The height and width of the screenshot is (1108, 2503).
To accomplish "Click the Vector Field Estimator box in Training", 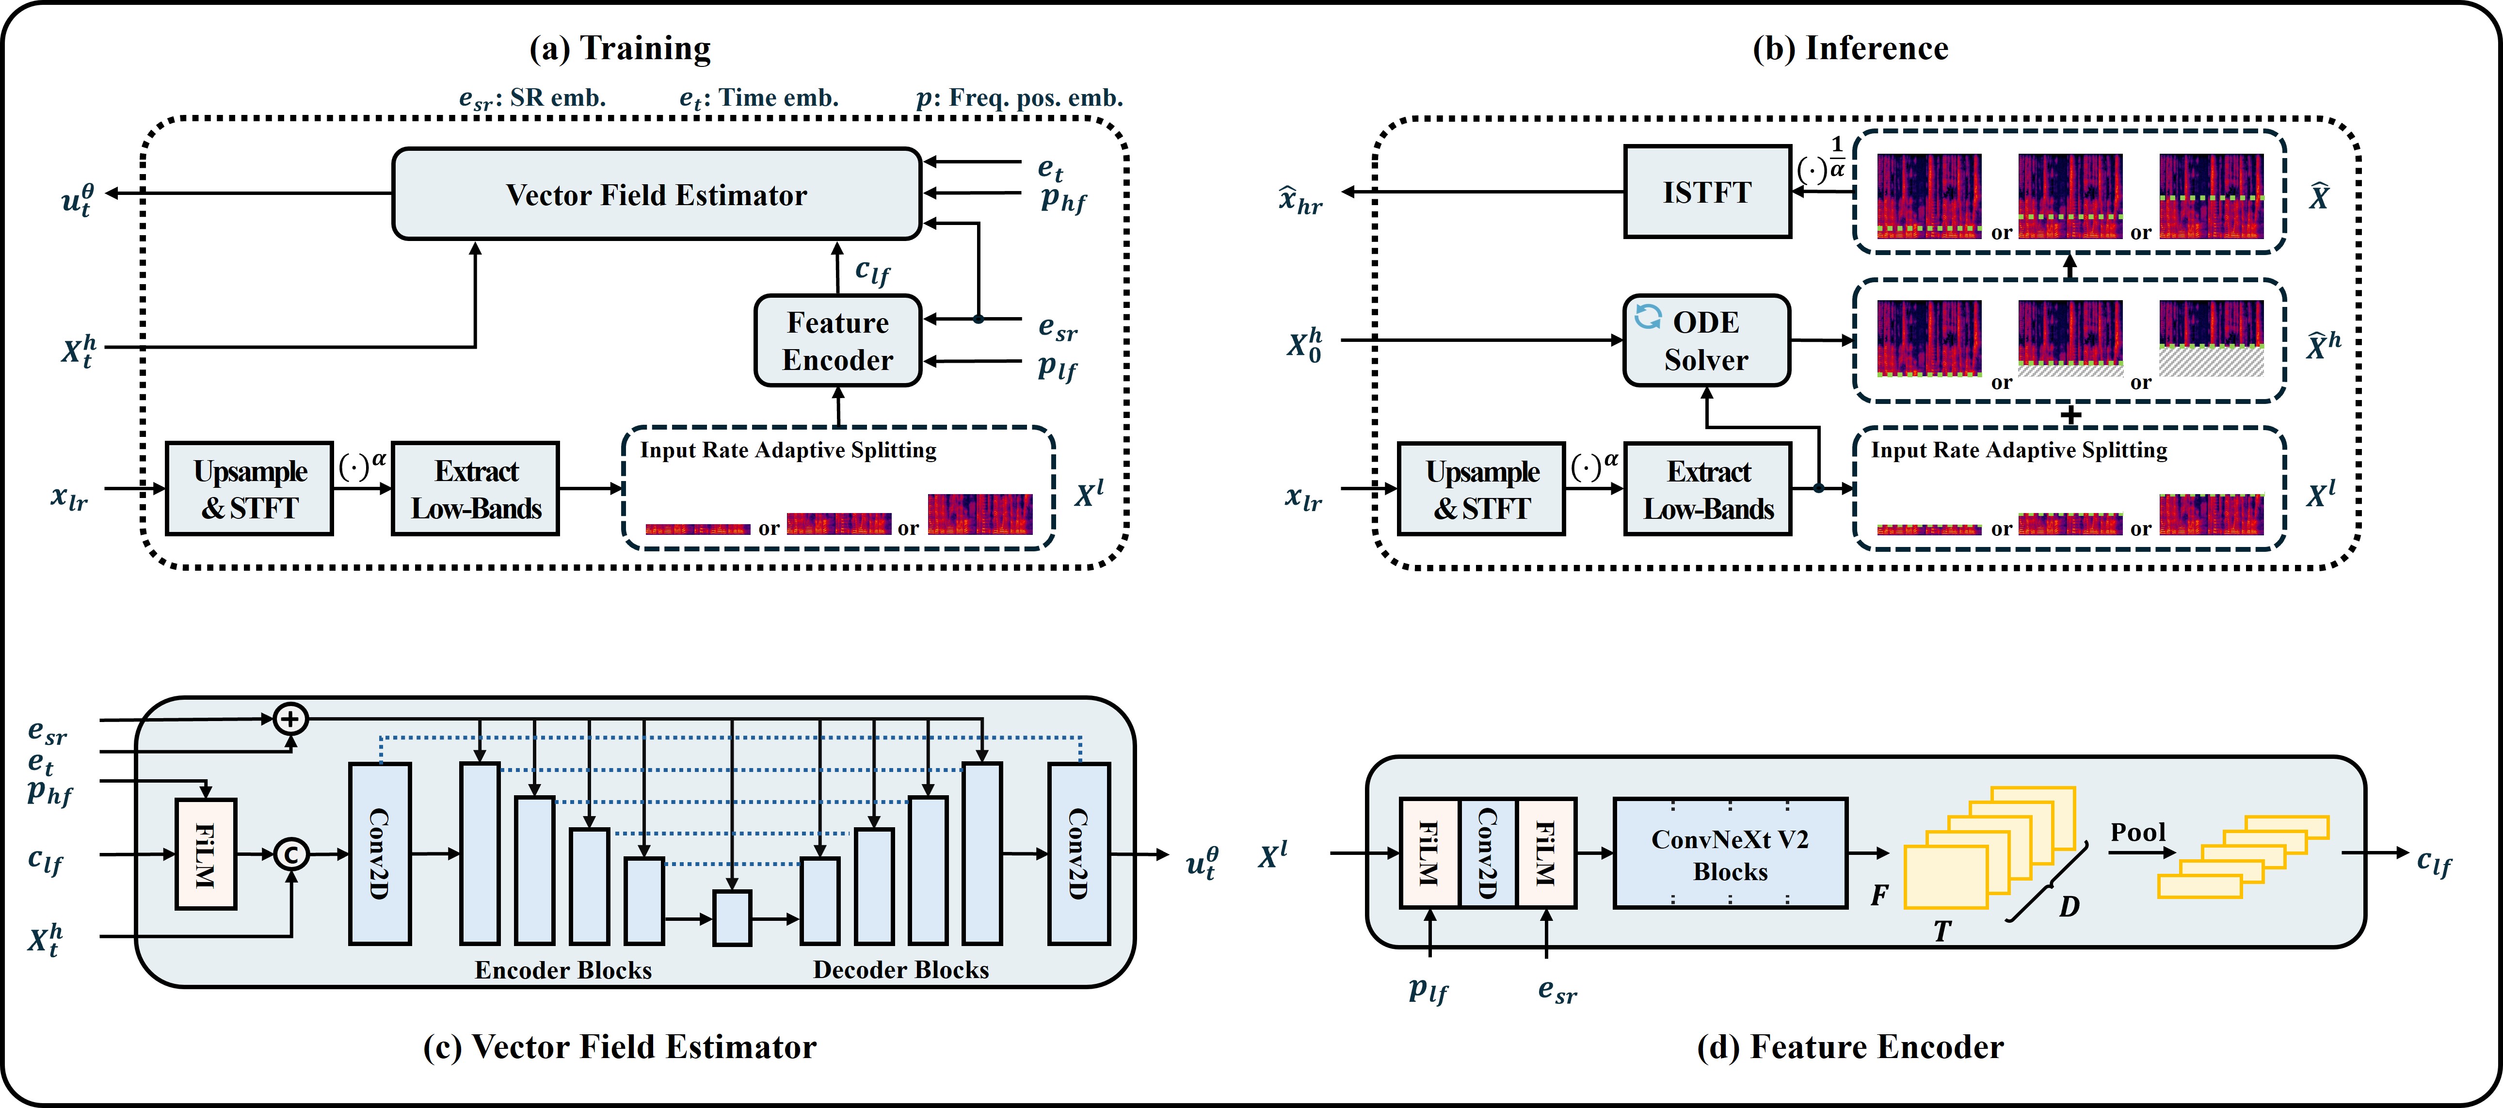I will click(656, 194).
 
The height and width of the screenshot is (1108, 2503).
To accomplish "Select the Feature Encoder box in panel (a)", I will click(837, 341).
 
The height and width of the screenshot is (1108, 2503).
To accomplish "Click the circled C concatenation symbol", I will click(290, 854).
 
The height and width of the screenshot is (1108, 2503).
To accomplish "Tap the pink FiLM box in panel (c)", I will click(205, 854).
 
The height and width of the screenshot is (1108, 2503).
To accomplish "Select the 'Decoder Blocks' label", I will click(901, 970).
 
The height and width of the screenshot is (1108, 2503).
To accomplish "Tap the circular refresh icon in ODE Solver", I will click(1648, 317).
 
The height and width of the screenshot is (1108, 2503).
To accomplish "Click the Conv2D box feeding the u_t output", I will click(1078, 853).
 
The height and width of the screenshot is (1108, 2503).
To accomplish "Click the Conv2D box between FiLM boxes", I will click(1487, 853).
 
